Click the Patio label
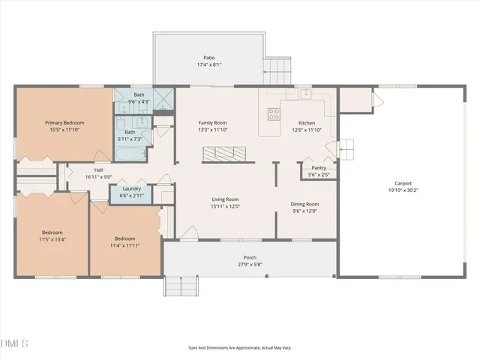coord(208,57)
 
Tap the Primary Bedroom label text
coord(64,122)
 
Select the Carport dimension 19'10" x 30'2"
coord(403,190)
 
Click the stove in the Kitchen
coord(274,115)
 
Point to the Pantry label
coord(319,168)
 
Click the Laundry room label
coord(131,188)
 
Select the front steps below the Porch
coord(180,286)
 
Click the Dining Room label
coord(304,204)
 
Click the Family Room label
coord(212,122)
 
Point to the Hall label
coord(98,169)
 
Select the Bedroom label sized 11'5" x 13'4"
coord(52,232)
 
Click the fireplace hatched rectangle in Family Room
coord(223,153)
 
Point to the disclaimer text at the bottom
coord(240,348)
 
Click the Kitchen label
coord(307,122)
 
